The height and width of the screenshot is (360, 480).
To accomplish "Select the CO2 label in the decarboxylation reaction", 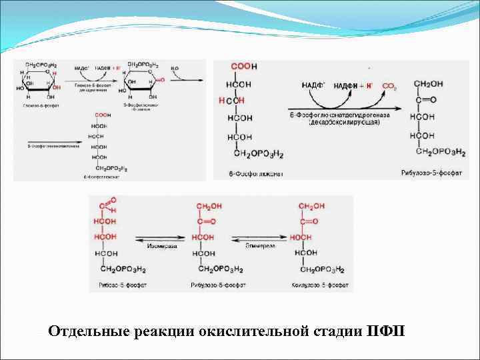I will pyautogui.click(x=389, y=86).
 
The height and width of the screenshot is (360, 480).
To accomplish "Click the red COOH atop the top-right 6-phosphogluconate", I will pyautogui.click(x=244, y=67).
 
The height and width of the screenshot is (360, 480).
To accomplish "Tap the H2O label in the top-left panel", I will pyautogui.click(x=175, y=68).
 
